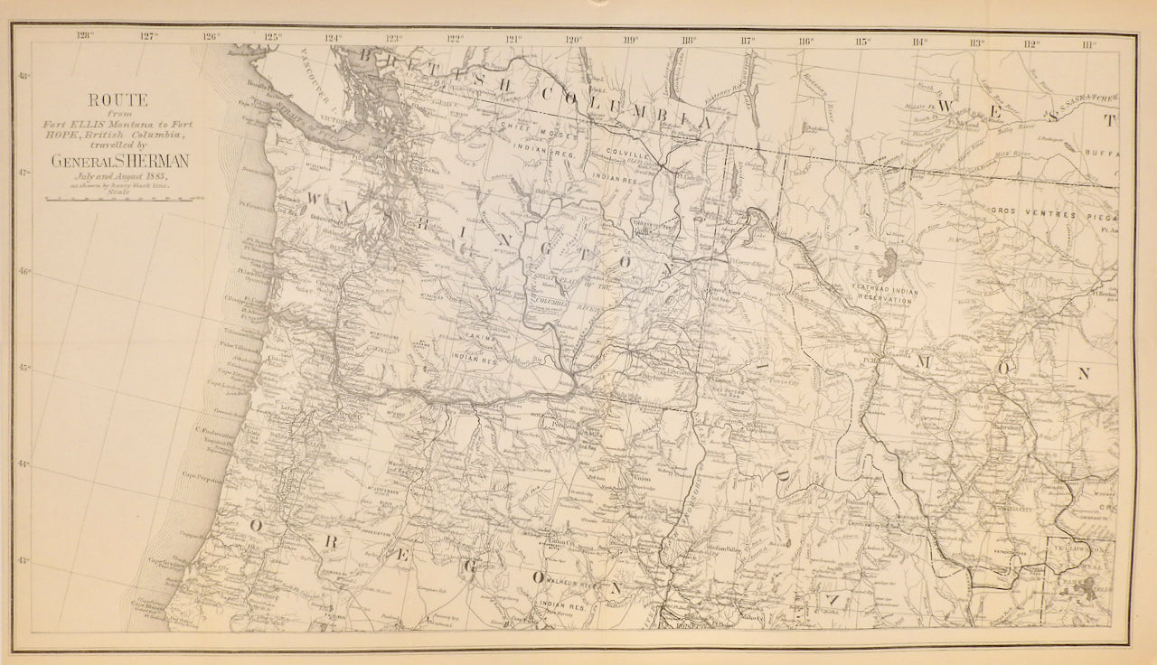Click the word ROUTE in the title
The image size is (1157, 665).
click(x=118, y=100)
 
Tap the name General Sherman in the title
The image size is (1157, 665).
click(x=120, y=161)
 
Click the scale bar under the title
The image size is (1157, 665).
click(x=118, y=198)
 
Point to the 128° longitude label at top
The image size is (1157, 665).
click(x=86, y=38)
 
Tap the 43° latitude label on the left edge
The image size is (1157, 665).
click(x=24, y=560)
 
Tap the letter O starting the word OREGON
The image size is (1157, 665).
click(x=257, y=526)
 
